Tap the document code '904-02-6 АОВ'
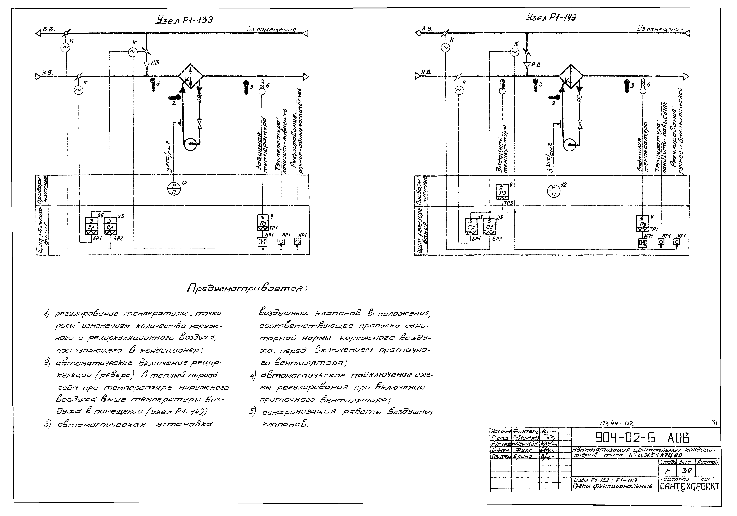click(642, 437)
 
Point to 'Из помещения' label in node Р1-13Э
click(272, 29)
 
